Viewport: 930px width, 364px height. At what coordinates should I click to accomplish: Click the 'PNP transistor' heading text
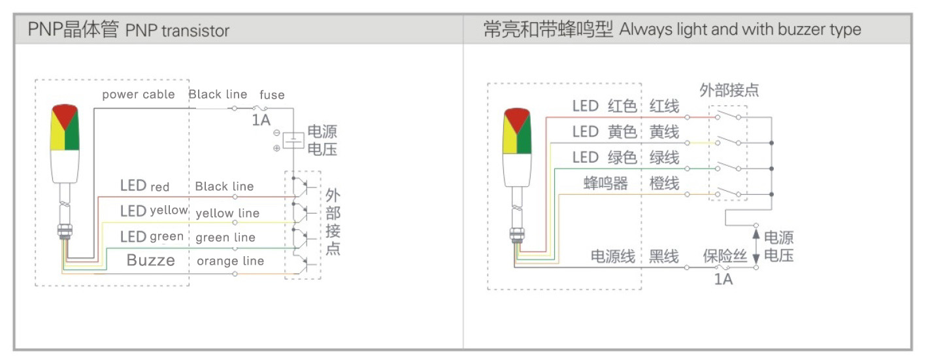tap(177, 31)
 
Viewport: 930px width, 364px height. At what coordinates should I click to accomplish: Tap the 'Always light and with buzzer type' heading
tap(740, 29)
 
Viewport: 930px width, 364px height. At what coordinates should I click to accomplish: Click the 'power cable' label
tap(138, 95)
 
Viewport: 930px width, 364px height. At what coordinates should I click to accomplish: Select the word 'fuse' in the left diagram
tap(272, 95)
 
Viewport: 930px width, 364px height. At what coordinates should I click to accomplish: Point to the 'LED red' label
tap(144, 186)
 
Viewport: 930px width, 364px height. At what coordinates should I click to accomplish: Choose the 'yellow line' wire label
tap(227, 213)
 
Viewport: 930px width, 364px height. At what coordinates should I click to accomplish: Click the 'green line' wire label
tap(225, 237)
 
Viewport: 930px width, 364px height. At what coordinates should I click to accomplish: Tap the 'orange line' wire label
tap(230, 261)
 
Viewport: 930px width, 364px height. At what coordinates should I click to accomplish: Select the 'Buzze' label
tap(150, 261)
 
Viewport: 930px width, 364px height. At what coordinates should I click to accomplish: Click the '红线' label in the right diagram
tap(664, 106)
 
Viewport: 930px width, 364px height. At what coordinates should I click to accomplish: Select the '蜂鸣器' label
tap(606, 184)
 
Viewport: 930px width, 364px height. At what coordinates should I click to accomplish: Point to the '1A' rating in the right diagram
tap(723, 280)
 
